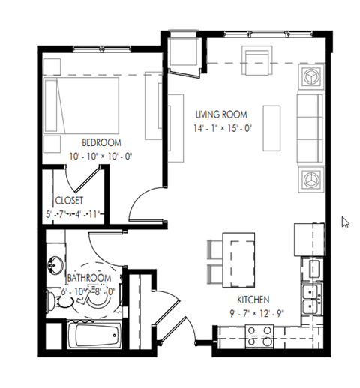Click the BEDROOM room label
[101, 142]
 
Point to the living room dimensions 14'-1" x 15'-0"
[223, 127]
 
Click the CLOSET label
[68, 201]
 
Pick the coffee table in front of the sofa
[270, 125]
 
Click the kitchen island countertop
[241, 258]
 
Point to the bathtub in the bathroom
[94, 335]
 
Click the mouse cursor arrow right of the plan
[345, 222]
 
